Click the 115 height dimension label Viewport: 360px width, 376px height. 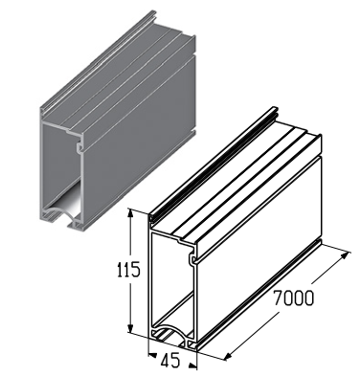pos(128,269)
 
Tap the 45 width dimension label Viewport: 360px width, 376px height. pos(170,360)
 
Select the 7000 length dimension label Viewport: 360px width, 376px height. pos(294,299)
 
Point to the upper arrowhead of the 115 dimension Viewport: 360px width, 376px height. pos(130,214)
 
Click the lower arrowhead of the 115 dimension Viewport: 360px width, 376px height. pos(130,328)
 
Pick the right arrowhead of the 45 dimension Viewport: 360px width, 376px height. pos(191,365)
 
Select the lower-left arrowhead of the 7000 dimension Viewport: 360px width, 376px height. pos(230,355)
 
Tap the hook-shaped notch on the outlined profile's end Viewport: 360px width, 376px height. pos(192,258)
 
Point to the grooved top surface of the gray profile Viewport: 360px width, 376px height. pos(119,75)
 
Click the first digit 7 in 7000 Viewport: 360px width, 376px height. pos(279,299)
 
